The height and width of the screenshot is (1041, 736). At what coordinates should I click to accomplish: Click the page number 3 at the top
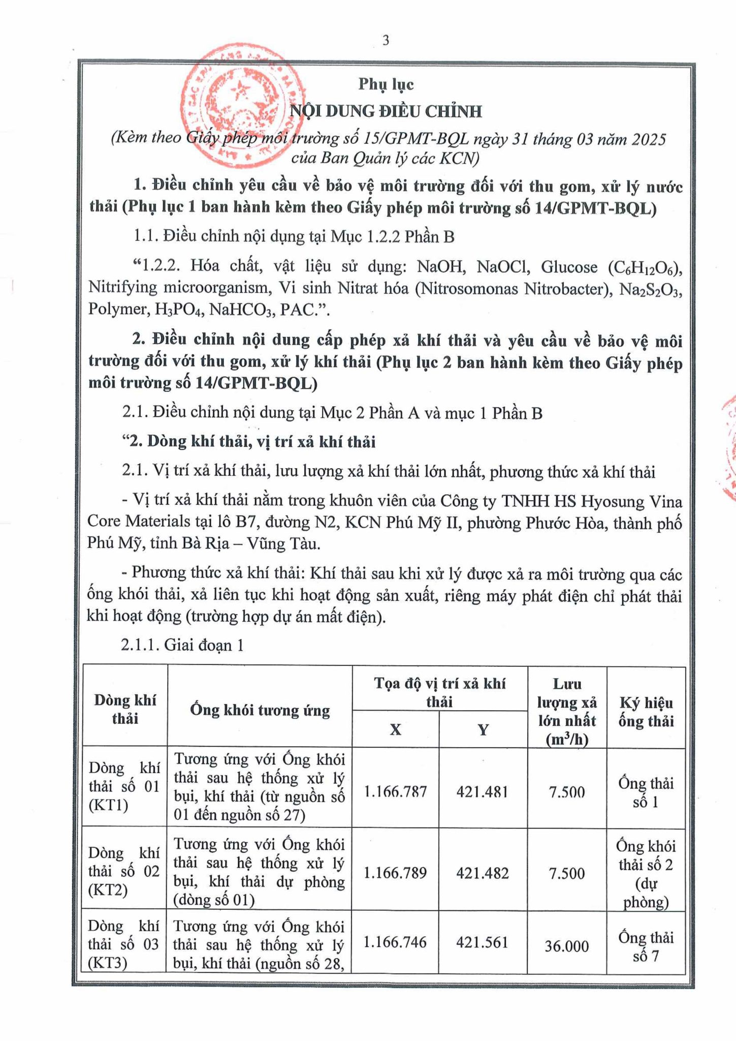click(x=386, y=40)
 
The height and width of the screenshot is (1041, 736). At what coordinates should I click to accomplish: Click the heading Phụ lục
click(x=386, y=84)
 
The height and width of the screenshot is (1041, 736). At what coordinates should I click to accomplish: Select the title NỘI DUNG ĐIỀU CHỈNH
click(x=386, y=111)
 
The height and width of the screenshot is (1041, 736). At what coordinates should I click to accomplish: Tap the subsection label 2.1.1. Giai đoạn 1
click(x=182, y=645)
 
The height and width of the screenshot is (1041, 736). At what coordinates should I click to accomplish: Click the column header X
click(x=395, y=729)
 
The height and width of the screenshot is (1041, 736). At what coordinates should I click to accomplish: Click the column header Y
click(x=483, y=729)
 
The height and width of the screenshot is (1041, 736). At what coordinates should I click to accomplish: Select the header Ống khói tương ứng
click(x=260, y=710)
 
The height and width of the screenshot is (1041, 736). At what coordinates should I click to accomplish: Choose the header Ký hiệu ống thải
click(x=646, y=712)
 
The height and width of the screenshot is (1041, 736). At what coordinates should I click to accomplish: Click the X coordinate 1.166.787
click(x=395, y=791)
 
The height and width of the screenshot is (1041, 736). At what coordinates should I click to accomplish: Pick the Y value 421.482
click(x=483, y=873)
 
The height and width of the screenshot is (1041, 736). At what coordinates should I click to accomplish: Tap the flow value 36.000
click(x=567, y=946)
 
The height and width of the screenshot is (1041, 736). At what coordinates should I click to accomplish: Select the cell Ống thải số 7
click(x=646, y=946)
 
